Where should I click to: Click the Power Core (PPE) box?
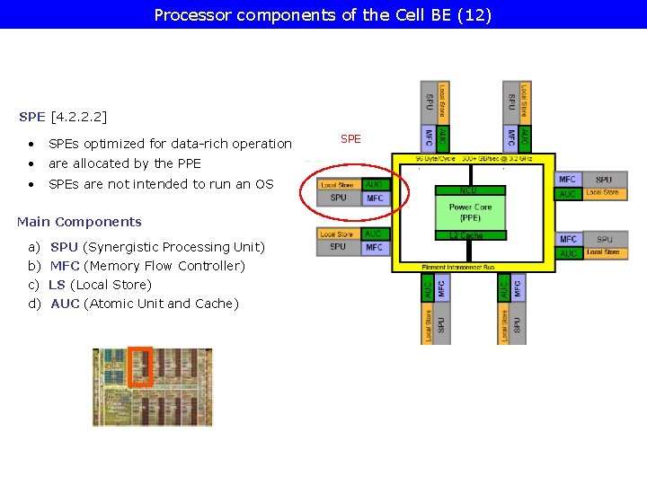tap(470, 212)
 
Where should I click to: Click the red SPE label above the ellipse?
tap(350, 139)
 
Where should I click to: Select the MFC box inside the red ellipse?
tap(375, 198)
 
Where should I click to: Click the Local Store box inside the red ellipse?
tap(339, 185)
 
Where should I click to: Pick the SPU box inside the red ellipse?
tap(339, 198)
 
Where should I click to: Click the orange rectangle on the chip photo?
tap(141, 366)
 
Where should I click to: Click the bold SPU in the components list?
tap(64, 247)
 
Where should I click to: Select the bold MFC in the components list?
tap(65, 266)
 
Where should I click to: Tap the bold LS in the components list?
tap(57, 285)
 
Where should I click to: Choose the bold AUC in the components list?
tap(65, 304)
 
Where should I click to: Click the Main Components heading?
tap(79, 222)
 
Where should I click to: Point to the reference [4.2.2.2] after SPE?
tap(79, 117)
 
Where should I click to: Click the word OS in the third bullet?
tap(264, 184)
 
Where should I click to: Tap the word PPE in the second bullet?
tap(189, 163)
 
